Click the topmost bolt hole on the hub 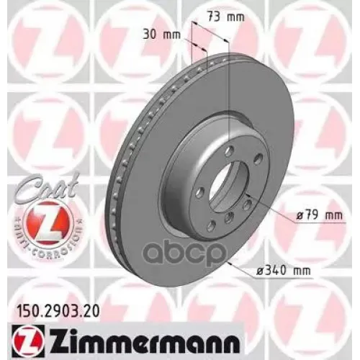228,151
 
